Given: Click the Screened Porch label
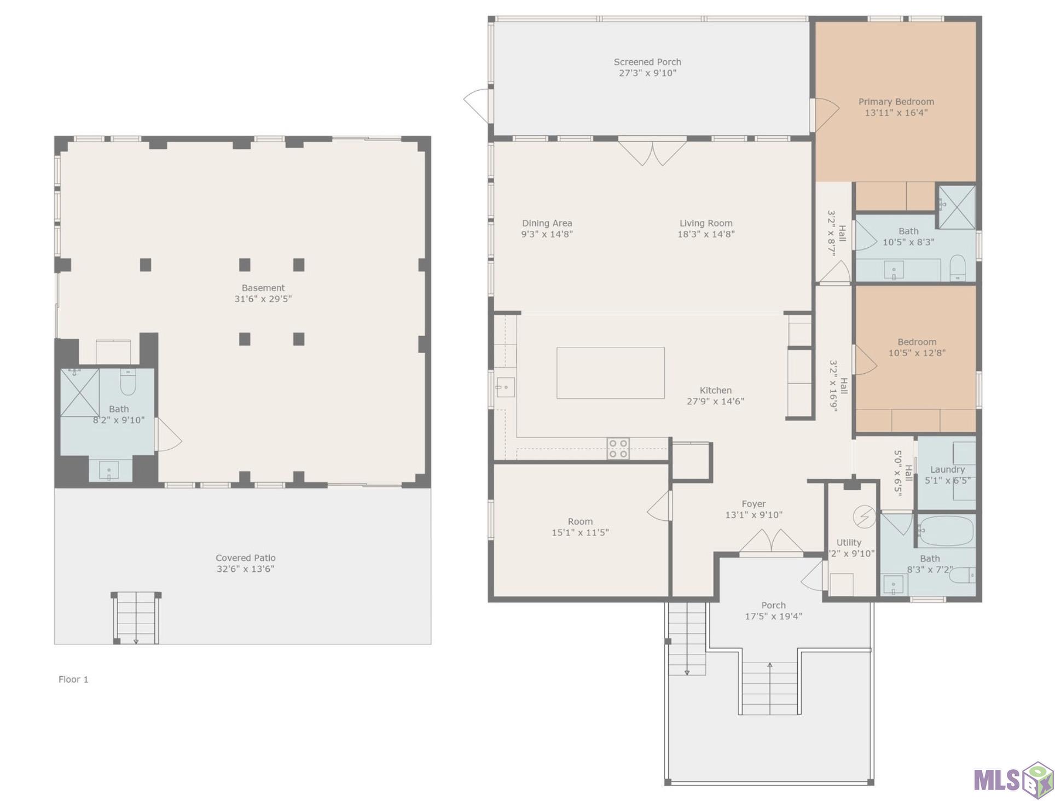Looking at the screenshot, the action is pos(647,62).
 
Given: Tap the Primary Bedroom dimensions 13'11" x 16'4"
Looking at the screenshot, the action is pos(896,113).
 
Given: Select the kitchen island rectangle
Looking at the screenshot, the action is pos(611,373).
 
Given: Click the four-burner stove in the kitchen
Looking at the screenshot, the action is pos(618,449).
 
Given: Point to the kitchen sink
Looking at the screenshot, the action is pos(505,387).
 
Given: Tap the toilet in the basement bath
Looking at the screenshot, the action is pos(127,382).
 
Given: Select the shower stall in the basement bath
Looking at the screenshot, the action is pos(80,392).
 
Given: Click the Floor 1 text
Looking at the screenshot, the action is pos(73,679).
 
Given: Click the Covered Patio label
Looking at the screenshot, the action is pos(245,558).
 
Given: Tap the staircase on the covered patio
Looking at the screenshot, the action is pos(136,618).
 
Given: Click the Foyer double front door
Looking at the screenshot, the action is pos(772,542).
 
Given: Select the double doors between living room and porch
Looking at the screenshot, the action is pos(652,153).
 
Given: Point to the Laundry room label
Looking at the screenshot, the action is pos(947,469).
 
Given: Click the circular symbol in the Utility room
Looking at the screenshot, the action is pos(864,516).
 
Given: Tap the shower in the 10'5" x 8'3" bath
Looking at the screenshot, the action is pos(957,207).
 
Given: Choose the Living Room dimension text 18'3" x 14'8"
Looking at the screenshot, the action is pos(706,234).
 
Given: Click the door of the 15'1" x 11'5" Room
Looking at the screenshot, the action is pos(659,506).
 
